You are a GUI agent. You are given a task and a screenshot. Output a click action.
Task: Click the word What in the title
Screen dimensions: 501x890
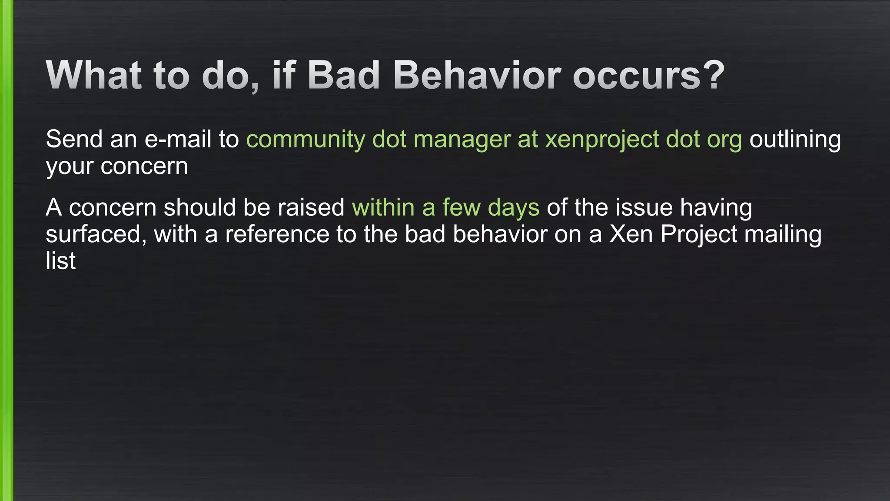click(x=94, y=75)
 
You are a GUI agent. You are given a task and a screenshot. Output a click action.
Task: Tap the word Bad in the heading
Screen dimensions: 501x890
click(x=344, y=75)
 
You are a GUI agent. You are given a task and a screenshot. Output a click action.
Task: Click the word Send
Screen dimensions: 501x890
click(x=74, y=139)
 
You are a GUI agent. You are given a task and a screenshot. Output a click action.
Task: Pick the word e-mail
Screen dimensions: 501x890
click(x=178, y=139)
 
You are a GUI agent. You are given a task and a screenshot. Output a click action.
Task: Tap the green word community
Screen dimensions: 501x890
click(x=306, y=140)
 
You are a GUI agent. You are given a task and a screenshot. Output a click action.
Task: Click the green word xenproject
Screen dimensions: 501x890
click(x=602, y=140)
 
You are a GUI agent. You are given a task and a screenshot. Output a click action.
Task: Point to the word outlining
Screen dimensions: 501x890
click(x=795, y=140)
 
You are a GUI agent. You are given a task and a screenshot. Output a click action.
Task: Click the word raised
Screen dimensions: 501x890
click(x=311, y=207)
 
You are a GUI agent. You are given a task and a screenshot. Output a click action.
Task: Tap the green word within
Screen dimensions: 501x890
click(x=383, y=207)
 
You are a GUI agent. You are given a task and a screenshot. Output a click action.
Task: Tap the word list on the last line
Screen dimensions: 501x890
click(x=60, y=261)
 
